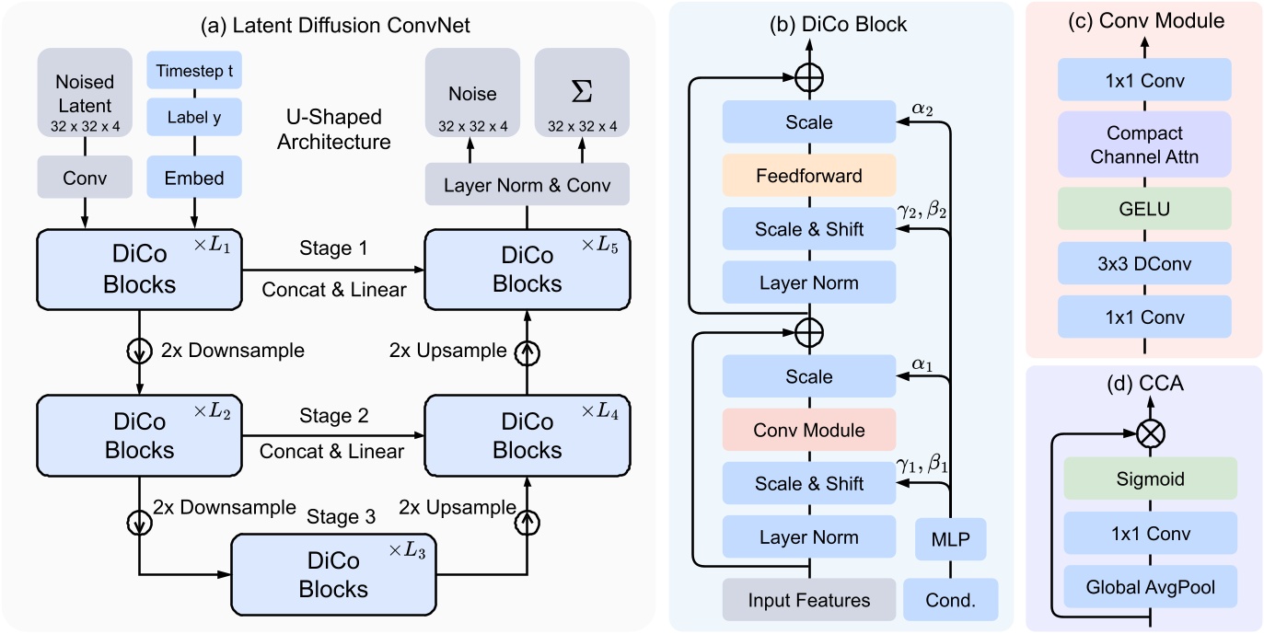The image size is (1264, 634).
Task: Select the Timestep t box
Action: pyautogui.click(x=194, y=71)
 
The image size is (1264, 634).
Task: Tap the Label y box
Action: pyautogui.click(x=194, y=117)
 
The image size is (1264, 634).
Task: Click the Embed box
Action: pyautogui.click(x=194, y=177)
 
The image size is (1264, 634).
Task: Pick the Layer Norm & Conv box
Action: pyautogui.click(x=527, y=185)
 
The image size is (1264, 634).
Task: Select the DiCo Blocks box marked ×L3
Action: pyautogui.click(x=333, y=573)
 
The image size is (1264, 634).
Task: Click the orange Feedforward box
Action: pyautogui.click(x=809, y=175)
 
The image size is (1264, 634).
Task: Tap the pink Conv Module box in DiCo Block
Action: pyautogui.click(x=809, y=430)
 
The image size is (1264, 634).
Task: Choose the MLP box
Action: pyautogui.click(x=950, y=538)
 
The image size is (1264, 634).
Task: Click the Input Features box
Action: pyautogui.click(x=809, y=600)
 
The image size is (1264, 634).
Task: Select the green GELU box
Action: pyautogui.click(x=1144, y=209)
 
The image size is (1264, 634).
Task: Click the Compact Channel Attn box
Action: pyautogui.click(x=1144, y=144)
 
